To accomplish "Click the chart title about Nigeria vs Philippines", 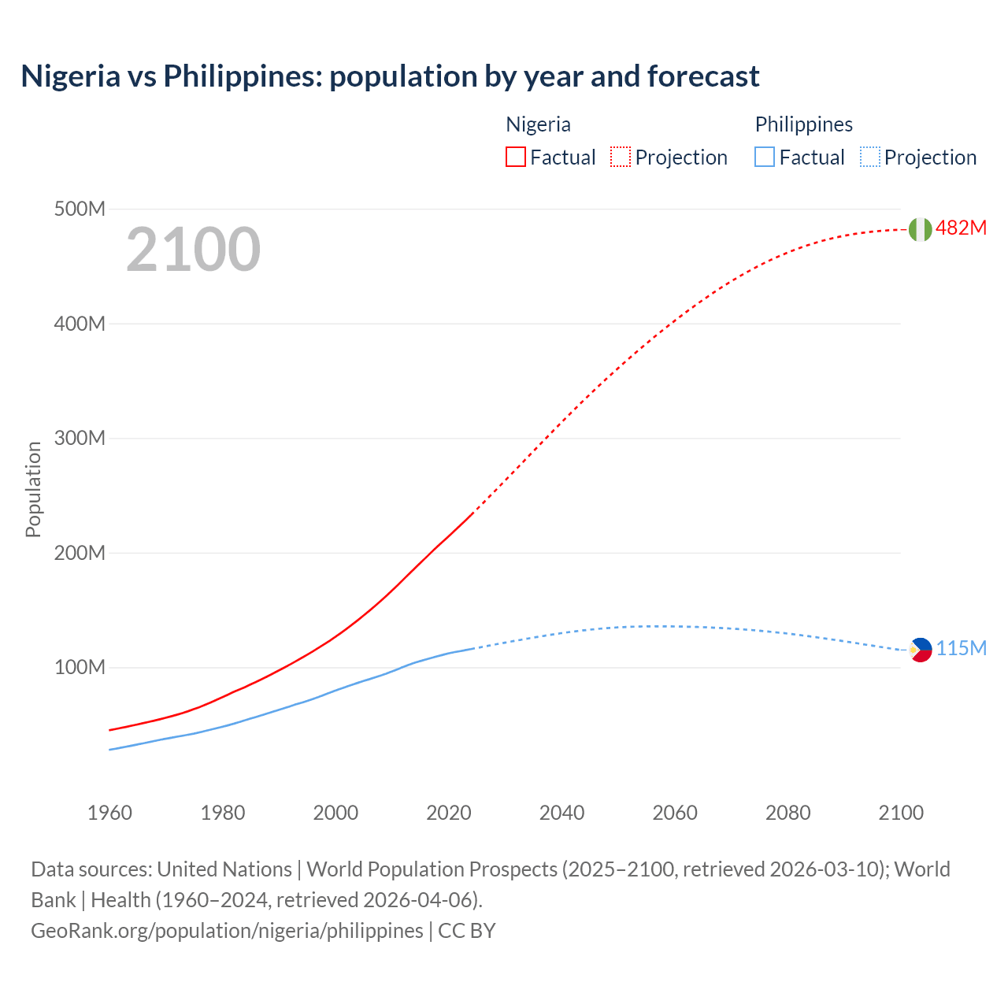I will pos(390,76).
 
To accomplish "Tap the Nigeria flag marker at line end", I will pos(920,229).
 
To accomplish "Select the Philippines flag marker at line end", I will pos(920,650).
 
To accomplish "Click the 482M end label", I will pos(961,228).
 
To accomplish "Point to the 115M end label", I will pos(961,649).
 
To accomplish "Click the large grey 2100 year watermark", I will pos(193,250).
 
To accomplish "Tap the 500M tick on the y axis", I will pos(80,209).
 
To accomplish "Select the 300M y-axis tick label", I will pos(80,439).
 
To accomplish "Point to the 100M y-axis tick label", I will pos(80,668).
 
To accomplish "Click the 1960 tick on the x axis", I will pos(109,813).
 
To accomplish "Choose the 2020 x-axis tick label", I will pos(449,813).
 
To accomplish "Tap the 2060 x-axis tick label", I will pos(675,813).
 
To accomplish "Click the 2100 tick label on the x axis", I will pos(901,813).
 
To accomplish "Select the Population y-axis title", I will pos(33,490).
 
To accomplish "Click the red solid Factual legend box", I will pos(515,157).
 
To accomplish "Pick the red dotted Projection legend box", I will pos(621,157).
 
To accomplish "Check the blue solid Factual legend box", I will pos(765,157).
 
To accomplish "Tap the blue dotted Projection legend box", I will pos(870,157).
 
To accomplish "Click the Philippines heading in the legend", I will pos(803,124).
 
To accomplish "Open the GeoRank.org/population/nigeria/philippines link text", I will pos(227,931).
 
